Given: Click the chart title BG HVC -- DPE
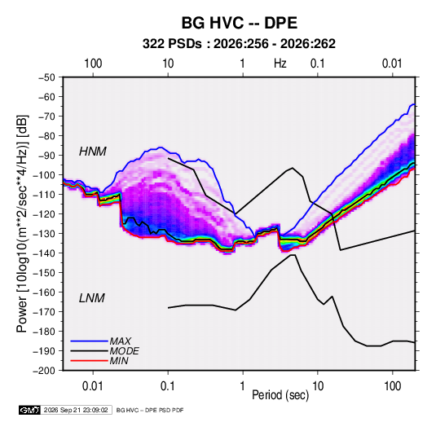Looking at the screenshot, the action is click(x=240, y=23).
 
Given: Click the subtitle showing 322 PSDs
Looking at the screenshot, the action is click(x=239, y=44).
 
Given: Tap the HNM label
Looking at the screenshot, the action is click(x=93, y=152).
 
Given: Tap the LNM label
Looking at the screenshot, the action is click(x=92, y=298).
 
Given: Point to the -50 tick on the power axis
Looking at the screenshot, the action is click(x=46, y=77).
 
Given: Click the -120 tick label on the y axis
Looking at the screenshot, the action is click(x=44, y=214).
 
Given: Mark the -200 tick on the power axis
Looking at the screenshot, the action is click(x=44, y=371).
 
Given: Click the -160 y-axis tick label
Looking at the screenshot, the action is click(x=44, y=292).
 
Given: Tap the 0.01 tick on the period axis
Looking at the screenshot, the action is click(x=93, y=386).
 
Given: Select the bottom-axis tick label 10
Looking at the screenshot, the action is click(x=318, y=386).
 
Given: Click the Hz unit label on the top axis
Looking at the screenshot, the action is click(x=280, y=64).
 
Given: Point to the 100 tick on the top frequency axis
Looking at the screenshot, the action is click(x=93, y=64).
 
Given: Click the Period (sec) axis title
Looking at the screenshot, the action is click(x=280, y=395).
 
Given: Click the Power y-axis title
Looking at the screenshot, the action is click(x=22, y=224).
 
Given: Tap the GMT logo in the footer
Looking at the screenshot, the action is click(x=30, y=410).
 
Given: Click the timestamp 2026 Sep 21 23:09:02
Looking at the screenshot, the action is click(x=76, y=410).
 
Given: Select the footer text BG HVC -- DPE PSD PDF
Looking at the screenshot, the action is click(x=150, y=410).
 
